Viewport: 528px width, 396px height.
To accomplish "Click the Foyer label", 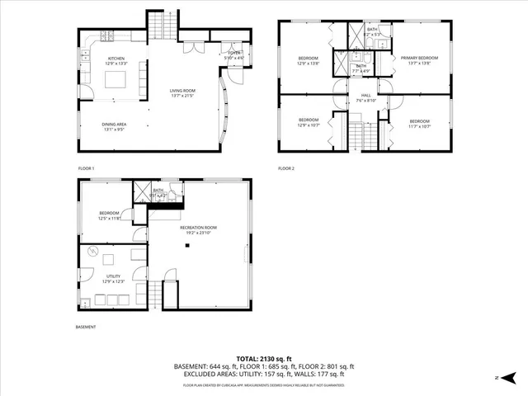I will click(x=235, y=54).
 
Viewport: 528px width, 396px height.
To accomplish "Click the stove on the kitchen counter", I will click(x=107, y=35).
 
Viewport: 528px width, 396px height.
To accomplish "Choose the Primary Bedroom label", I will click(x=419, y=58).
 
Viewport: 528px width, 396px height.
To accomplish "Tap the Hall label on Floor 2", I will click(x=365, y=96).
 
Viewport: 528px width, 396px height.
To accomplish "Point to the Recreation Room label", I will click(x=198, y=226).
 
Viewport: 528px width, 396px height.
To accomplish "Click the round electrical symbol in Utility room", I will click(x=92, y=252).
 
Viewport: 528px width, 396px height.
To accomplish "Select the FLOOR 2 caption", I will click(x=286, y=168).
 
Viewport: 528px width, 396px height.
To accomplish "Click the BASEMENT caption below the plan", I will click(x=84, y=328).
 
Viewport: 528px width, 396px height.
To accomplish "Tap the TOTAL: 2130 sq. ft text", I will click(x=264, y=358).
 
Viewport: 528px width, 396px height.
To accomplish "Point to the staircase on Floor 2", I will click(x=356, y=132).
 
